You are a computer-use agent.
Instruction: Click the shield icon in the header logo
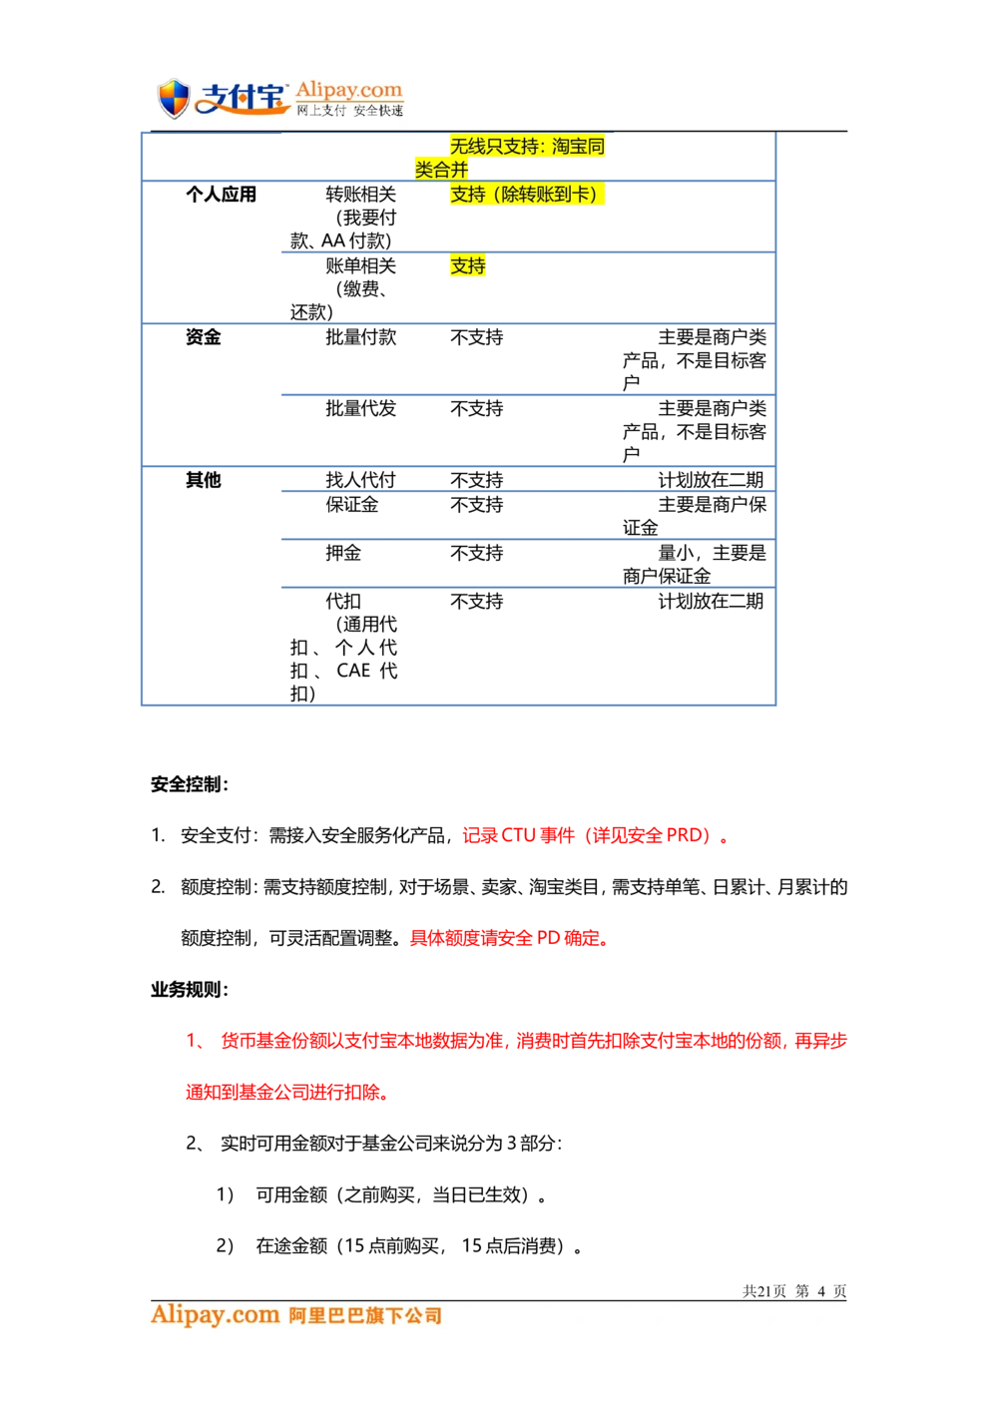point(175,99)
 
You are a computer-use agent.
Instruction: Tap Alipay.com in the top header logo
point(348,90)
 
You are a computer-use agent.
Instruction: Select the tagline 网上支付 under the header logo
point(320,111)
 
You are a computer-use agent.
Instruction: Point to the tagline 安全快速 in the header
point(378,111)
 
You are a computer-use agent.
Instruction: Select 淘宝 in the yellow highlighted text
point(569,147)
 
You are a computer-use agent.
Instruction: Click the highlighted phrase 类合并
point(441,170)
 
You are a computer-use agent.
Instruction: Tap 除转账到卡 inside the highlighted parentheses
point(548,195)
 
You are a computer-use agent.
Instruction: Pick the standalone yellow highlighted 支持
point(467,266)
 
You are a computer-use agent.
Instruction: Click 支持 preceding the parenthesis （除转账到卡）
point(467,195)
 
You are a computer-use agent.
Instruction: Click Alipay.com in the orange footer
point(215,1315)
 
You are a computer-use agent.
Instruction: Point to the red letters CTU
point(518,835)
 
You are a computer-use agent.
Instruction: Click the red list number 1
point(190,1042)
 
